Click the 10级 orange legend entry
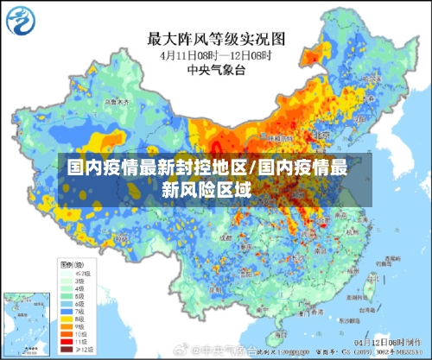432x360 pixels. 69,336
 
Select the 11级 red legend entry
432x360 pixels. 69,344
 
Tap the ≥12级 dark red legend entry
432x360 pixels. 69,351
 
